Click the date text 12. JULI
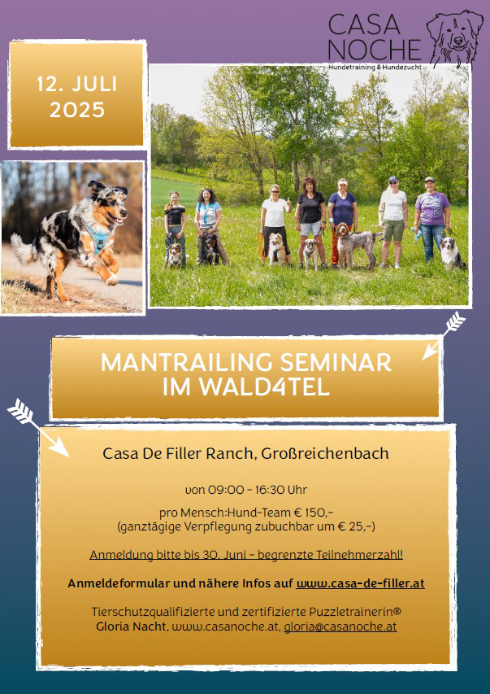(x=77, y=84)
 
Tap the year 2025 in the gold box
(x=77, y=110)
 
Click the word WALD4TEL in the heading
(x=264, y=386)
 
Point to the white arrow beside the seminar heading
(x=443, y=335)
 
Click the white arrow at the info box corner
(x=38, y=428)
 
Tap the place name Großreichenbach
(x=325, y=453)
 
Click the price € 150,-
(x=314, y=513)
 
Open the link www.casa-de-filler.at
(x=361, y=583)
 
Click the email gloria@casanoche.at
(x=340, y=626)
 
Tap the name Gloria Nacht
(x=132, y=626)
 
